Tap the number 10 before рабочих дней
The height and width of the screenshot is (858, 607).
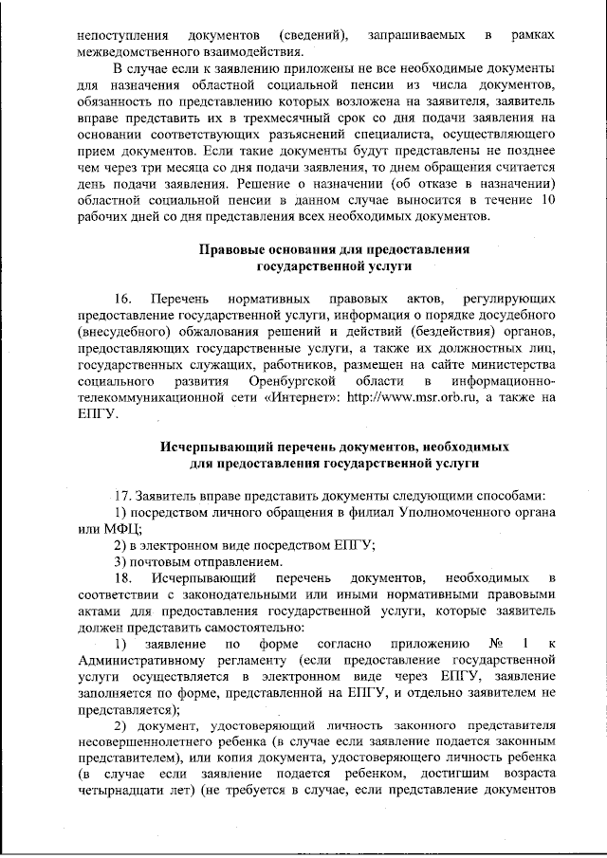[x=545, y=201]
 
